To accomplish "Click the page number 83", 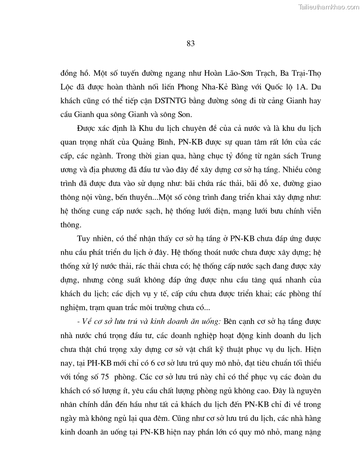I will (191, 43).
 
